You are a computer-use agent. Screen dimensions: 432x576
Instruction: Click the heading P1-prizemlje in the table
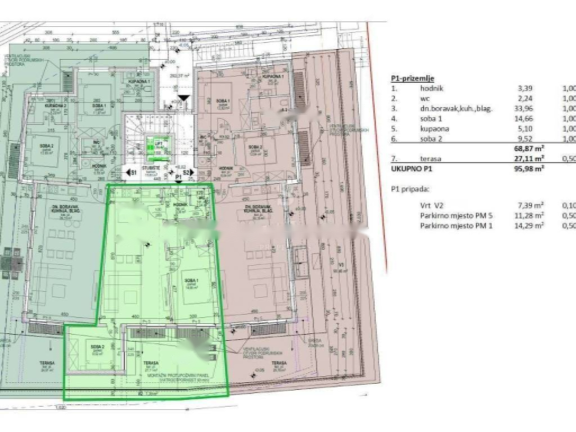tap(412, 79)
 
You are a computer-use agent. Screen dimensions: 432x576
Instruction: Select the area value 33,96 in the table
tap(524, 109)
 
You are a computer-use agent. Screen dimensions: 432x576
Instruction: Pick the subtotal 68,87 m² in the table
tap(529, 149)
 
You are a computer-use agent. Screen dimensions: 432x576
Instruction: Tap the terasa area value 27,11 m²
tap(529, 159)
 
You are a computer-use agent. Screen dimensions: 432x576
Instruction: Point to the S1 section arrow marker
tap(130, 172)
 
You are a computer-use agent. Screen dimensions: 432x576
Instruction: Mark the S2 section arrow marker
tap(187, 172)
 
